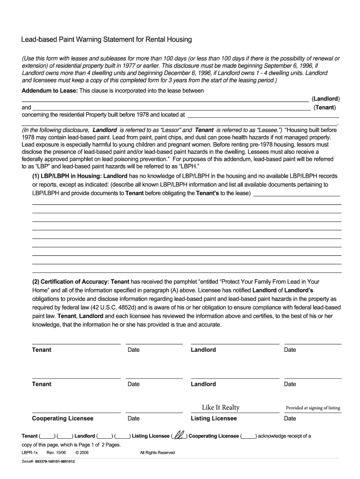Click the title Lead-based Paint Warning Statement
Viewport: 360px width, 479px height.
tap(106, 40)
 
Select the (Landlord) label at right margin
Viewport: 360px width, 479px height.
tap(326, 99)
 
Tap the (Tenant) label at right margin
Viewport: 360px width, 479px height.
tap(327, 108)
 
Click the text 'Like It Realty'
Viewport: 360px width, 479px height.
tap(220, 407)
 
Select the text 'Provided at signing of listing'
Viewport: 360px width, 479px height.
tap(313, 408)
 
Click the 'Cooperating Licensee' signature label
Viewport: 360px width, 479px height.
tap(63, 418)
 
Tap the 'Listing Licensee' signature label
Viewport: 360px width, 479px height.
tap(214, 418)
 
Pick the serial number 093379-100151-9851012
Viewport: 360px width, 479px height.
tap(55, 462)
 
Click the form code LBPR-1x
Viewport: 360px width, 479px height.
tap(30, 452)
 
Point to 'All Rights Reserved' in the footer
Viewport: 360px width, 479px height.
tap(157, 452)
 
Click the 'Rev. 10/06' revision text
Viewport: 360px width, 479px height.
tap(54, 452)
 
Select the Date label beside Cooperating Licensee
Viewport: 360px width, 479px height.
tap(133, 418)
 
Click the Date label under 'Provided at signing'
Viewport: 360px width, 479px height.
tap(290, 418)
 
